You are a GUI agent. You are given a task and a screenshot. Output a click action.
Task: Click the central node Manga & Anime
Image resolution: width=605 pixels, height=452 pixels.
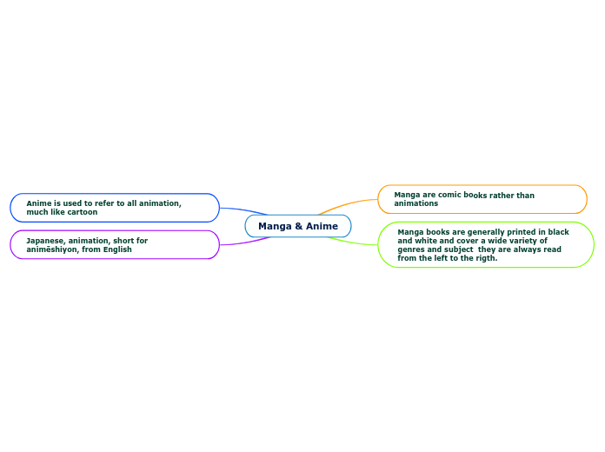pos(298,226)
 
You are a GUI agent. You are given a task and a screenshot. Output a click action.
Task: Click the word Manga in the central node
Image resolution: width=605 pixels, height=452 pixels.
pos(275,226)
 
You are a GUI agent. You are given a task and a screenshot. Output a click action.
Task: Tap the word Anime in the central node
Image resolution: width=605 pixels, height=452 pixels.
pos(322,226)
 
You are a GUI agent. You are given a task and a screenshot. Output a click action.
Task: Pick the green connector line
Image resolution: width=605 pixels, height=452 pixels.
pos(356,242)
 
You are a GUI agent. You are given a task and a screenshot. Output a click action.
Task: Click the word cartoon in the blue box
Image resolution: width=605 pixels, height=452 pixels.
pos(83,212)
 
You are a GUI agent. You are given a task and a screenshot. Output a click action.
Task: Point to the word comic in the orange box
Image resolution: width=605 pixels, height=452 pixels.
pos(450,196)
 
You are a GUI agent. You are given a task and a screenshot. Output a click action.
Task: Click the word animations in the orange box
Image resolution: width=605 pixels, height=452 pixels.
pos(416,203)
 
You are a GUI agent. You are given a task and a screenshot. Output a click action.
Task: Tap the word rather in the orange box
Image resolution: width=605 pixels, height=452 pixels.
pos(501,196)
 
